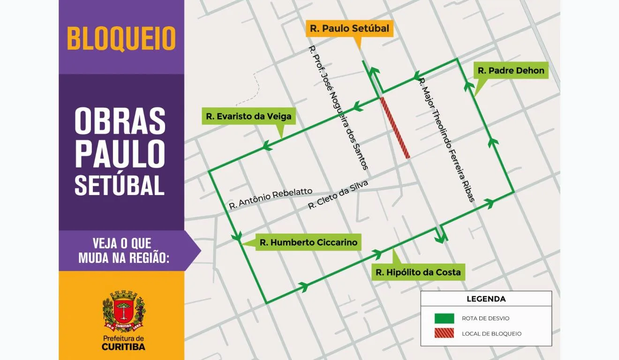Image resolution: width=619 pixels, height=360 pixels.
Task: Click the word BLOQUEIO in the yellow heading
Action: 121,38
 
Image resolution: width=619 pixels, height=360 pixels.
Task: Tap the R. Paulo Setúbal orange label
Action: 349,29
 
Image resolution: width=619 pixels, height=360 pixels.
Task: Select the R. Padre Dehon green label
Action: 511,71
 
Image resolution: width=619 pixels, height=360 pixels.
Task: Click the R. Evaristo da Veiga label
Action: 249,117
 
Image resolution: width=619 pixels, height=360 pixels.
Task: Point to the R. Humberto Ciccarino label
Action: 308,242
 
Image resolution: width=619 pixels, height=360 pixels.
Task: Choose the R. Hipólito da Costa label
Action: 418,272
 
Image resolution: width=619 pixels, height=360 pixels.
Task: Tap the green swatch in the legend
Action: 444,318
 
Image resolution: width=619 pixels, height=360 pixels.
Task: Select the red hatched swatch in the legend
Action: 444,334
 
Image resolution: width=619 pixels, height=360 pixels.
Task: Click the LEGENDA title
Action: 486,299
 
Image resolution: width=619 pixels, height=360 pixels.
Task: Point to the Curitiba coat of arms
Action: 123,311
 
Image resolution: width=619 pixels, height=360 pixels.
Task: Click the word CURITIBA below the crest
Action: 123,347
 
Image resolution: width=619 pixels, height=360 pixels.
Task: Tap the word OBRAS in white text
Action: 120,121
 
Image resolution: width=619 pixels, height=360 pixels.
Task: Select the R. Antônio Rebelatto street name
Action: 271,199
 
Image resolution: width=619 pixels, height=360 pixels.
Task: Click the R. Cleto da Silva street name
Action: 338,195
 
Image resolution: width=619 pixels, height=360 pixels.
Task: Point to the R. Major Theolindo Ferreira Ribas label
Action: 446,140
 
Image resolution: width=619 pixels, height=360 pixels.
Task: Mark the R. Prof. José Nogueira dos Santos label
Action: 338,108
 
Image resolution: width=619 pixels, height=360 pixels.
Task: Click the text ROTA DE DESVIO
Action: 485,318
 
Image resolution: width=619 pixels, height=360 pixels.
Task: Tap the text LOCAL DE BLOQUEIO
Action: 491,334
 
